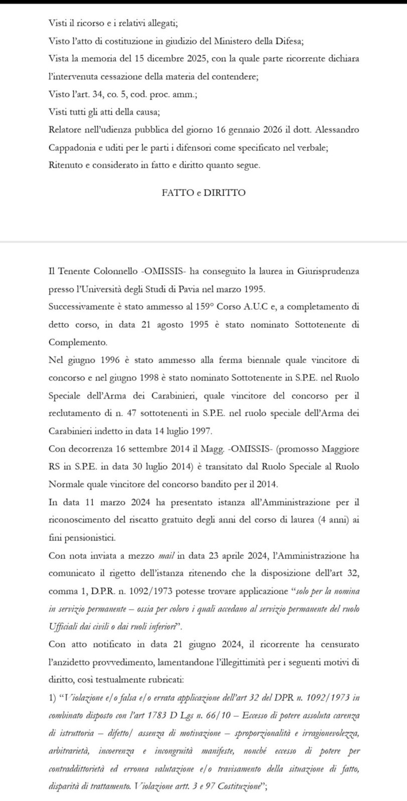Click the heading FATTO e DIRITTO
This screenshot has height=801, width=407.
click(x=203, y=193)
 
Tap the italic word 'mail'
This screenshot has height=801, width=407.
click(x=165, y=555)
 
